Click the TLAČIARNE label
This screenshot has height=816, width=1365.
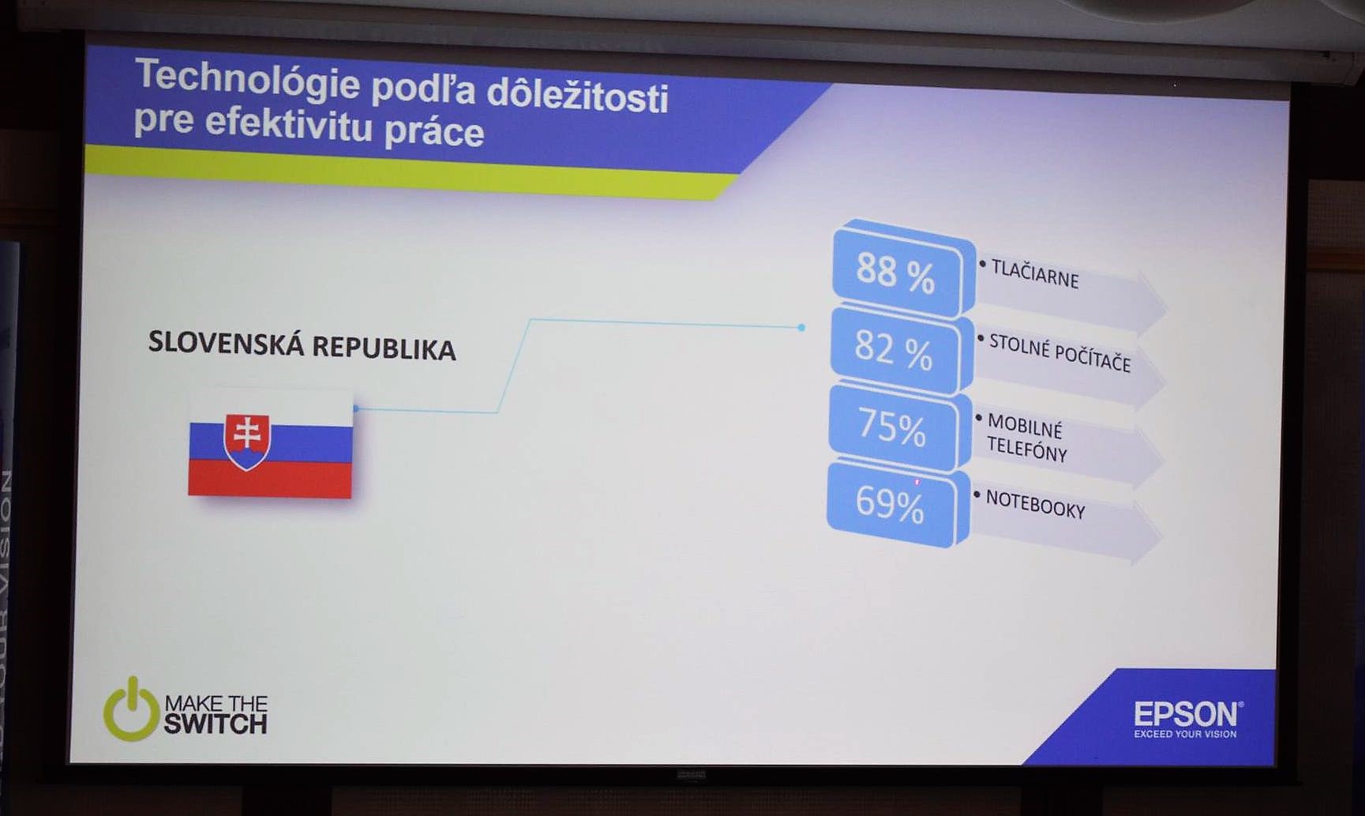(x=1035, y=273)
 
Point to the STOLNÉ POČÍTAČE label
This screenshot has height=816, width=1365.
(x=1059, y=353)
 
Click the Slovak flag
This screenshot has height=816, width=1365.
(x=270, y=445)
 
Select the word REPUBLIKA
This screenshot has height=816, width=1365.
(x=384, y=348)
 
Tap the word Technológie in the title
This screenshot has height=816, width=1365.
(x=248, y=80)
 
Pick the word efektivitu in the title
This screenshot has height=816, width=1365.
(x=288, y=123)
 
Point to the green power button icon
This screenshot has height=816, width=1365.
(x=132, y=709)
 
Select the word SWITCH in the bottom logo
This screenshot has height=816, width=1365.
(x=216, y=724)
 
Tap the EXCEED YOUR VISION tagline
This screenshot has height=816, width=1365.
(x=1185, y=734)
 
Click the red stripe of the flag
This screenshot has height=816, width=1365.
(x=269, y=479)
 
